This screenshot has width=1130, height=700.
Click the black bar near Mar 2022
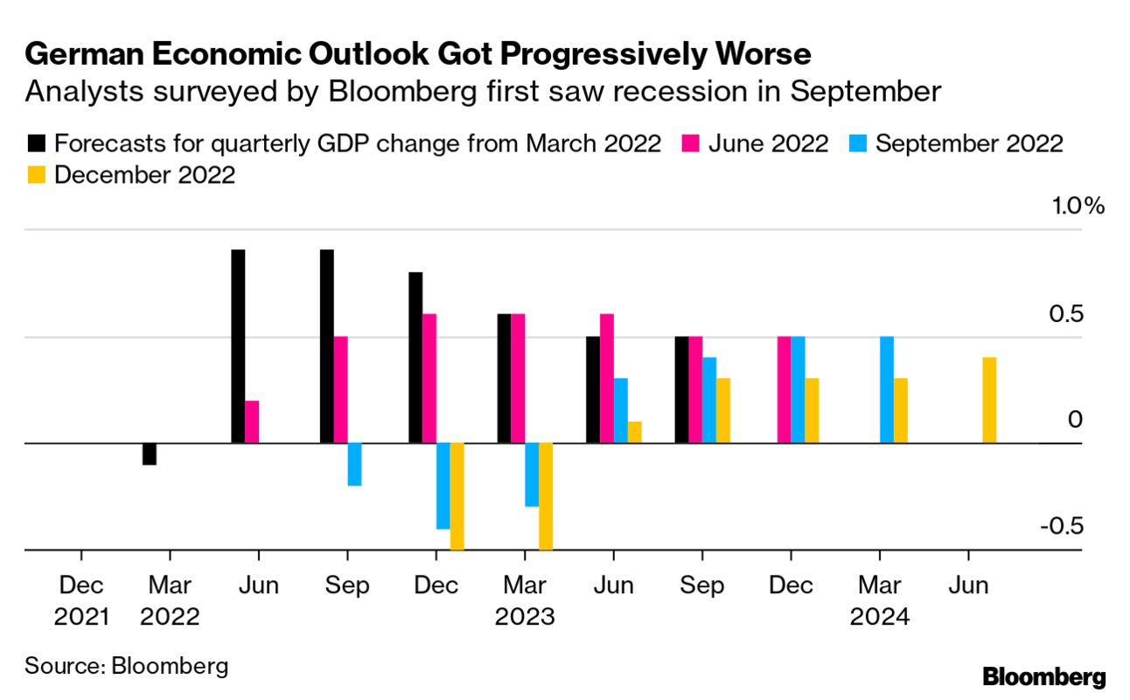pyautogui.click(x=150, y=454)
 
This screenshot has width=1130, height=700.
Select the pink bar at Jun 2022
pyautogui.click(x=252, y=422)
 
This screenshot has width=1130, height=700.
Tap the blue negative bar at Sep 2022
pyautogui.click(x=354, y=465)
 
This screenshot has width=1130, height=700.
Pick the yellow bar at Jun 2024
pyautogui.click(x=989, y=401)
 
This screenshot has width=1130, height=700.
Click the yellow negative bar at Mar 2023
pyautogui.click(x=546, y=496)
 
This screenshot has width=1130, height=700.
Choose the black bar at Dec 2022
pyautogui.click(x=415, y=358)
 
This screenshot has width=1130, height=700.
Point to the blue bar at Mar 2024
pyautogui.click(x=887, y=390)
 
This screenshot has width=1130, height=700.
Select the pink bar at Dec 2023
pyautogui.click(x=784, y=390)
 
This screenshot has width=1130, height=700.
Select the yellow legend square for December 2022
pyautogui.click(x=37, y=175)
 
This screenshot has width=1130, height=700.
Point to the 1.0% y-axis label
pyautogui.click(x=1056, y=206)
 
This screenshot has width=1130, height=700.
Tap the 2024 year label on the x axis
pyautogui.click(x=879, y=617)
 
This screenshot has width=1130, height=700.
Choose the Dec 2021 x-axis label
pyautogui.click(x=81, y=601)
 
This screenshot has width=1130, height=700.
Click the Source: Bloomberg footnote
pyautogui.click(x=127, y=666)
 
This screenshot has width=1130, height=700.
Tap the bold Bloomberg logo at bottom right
pyautogui.click(x=1044, y=676)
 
